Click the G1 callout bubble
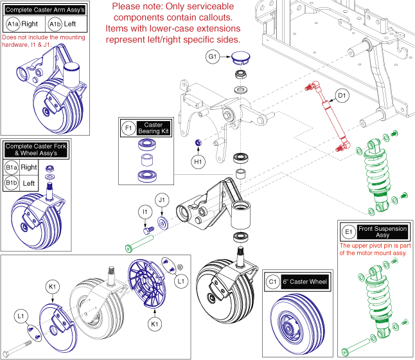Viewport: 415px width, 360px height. [213, 57]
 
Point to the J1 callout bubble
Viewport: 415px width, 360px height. [162, 201]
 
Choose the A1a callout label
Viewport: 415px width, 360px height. [12, 24]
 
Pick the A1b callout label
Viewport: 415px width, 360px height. [55, 24]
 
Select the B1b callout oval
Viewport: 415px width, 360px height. [11, 182]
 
